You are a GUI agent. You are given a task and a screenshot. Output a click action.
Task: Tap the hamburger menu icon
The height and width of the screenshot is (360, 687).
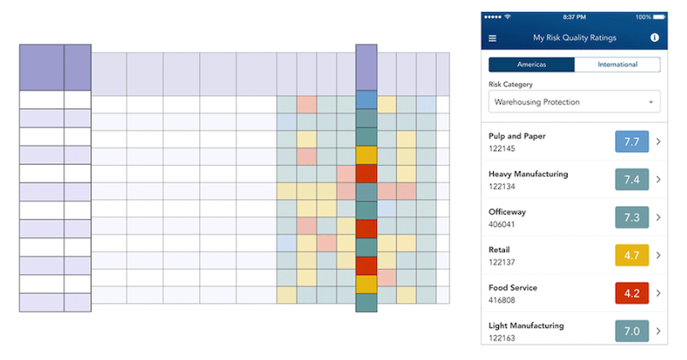(492, 38)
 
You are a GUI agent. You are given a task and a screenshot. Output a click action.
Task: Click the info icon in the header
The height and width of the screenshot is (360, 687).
(654, 38)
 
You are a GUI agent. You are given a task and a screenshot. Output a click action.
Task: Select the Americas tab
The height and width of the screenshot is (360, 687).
(532, 64)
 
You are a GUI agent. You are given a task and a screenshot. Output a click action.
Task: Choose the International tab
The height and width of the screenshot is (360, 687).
(617, 64)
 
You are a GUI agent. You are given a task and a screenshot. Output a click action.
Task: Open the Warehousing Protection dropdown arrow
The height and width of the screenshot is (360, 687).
(652, 102)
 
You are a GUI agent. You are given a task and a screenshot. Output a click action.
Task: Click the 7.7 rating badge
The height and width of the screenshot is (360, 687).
(632, 142)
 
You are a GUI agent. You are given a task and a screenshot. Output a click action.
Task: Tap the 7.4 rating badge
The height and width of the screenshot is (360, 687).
(632, 180)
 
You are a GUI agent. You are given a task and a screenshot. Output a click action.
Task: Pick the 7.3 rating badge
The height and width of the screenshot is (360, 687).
(632, 217)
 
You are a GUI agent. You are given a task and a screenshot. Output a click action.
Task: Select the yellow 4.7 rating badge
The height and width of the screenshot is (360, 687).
(632, 255)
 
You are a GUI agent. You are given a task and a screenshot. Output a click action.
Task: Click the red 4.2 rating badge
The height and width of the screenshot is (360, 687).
(632, 293)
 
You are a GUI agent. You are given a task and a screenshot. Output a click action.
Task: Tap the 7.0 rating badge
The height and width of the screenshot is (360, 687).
(632, 331)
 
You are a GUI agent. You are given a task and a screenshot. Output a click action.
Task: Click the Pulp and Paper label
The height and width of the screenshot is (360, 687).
(517, 136)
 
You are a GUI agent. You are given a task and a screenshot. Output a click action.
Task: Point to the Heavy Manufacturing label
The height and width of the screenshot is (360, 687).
(528, 174)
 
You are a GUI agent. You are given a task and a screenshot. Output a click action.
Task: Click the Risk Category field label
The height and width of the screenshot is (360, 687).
(510, 84)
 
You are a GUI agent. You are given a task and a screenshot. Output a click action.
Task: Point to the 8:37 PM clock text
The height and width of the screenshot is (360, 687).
(574, 16)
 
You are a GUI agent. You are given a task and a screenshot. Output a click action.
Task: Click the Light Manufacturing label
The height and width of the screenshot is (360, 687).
(526, 326)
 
